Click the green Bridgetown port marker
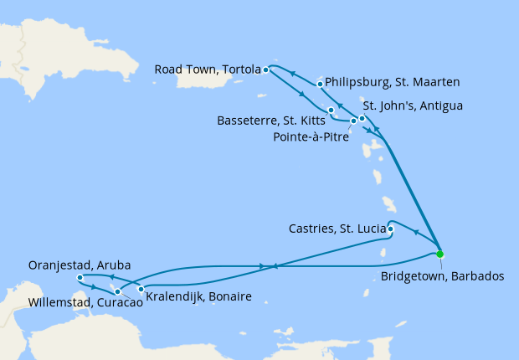tap(440, 255)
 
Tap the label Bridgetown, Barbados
tap(442, 275)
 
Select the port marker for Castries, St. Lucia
tap(390, 228)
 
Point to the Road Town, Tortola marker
tap(265, 69)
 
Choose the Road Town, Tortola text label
tap(208, 69)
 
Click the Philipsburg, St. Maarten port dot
tap(321, 84)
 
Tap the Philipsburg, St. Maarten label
tap(390, 83)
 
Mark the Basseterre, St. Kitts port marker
tap(331, 111)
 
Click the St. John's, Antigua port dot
tap(362, 118)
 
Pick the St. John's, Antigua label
tap(412, 106)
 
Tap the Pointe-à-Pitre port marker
tap(353, 121)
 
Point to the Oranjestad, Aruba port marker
tap(80, 277)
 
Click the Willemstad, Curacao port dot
tap(117, 291)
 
